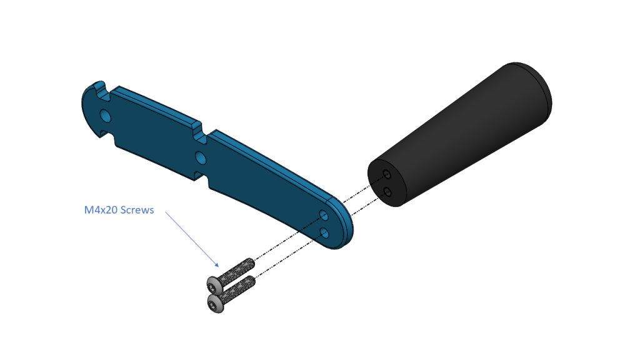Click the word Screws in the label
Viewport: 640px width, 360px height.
(x=136, y=210)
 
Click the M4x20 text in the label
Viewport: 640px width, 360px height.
(x=100, y=210)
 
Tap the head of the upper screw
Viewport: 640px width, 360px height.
(x=214, y=284)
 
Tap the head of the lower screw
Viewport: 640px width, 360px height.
(x=215, y=304)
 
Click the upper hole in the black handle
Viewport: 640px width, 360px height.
(x=387, y=175)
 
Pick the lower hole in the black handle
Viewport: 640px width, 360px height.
(x=387, y=192)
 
